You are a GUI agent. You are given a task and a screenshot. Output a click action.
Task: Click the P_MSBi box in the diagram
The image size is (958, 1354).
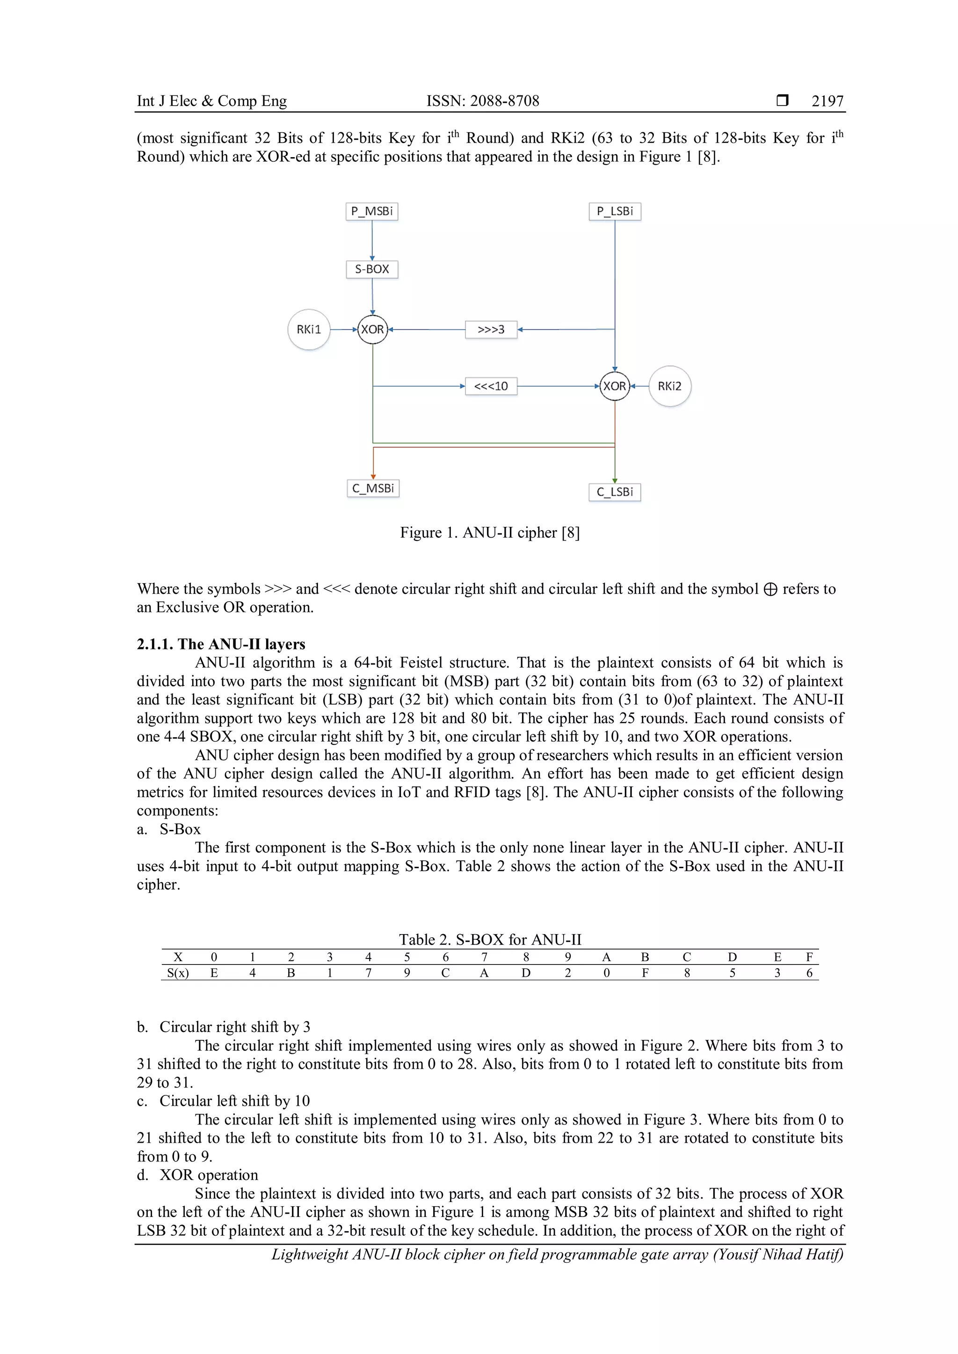pyautogui.click(x=371, y=211)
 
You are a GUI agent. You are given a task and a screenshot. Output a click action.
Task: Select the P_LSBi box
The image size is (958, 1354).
pyautogui.click(x=615, y=211)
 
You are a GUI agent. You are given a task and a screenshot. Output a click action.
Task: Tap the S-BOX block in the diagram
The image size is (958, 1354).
pyautogui.click(x=371, y=269)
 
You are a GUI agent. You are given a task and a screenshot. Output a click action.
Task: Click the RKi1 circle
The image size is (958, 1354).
pyautogui.click(x=309, y=329)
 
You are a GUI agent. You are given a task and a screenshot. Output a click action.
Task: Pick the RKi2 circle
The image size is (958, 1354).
pyautogui.click(x=669, y=386)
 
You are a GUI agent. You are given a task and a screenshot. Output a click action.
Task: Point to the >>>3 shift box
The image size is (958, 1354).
pyautogui.click(x=491, y=329)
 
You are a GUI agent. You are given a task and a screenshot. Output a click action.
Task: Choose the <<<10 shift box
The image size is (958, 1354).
pyautogui.click(x=491, y=386)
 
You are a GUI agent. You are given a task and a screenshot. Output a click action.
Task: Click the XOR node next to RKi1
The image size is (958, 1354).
pyautogui.click(x=372, y=329)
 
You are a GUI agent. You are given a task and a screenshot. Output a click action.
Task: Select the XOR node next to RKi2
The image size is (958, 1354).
pyautogui.click(x=615, y=386)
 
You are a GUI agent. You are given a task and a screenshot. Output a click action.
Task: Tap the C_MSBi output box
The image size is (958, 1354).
pyautogui.click(x=373, y=488)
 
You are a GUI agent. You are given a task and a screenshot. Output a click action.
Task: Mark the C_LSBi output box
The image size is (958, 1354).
pyautogui.click(x=615, y=492)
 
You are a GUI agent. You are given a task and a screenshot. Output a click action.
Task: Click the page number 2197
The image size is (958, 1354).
pyautogui.click(x=827, y=101)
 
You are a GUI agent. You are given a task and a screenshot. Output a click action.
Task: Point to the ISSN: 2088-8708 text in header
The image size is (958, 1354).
pyautogui.click(x=483, y=101)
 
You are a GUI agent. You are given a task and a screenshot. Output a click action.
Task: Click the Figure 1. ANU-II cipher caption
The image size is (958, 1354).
pyautogui.click(x=490, y=533)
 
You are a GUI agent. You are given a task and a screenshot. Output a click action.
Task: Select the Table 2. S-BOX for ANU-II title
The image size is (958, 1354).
pyautogui.click(x=490, y=939)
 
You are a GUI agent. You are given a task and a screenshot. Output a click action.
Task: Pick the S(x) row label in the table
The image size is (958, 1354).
pyautogui.click(x=178, y=973)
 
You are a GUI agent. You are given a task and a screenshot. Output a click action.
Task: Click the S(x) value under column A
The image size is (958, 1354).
pyautogui.click(x=606, y=973)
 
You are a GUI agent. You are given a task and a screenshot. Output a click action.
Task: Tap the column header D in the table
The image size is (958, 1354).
pyautogui.click(x=732, y=957)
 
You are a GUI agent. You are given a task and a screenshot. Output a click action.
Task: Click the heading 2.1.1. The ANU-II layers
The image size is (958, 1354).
pyautogui.click(x=221, y=644)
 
